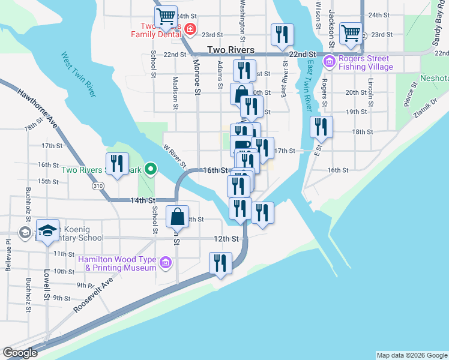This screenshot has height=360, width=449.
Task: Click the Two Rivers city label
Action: coord(231,50)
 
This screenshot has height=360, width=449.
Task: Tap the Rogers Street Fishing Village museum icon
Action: coord(330,62)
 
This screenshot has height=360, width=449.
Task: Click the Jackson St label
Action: coord(331,28)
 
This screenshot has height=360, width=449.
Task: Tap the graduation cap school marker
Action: coord(47,230)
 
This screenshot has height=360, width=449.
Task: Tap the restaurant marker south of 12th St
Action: coord(220,263)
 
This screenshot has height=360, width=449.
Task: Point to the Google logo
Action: coord(19,353)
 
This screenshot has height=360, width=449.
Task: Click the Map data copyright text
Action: coord(412,355)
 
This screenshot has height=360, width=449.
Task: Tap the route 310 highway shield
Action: coord(97,187)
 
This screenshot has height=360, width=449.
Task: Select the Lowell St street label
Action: coord(46,283)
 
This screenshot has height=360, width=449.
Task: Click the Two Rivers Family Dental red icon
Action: coord(190,28)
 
